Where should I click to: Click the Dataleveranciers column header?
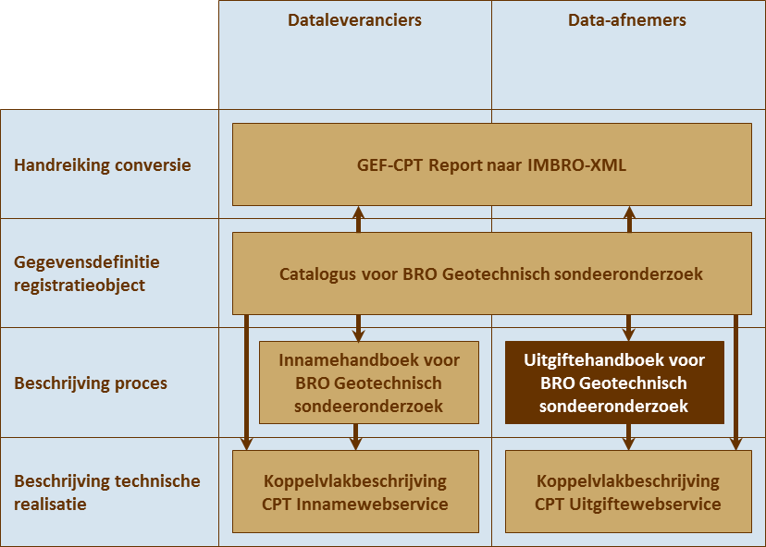354,20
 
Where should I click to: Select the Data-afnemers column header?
627,20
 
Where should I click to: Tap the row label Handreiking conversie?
103,165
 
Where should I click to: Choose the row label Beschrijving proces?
91,383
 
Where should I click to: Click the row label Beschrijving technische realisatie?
106,492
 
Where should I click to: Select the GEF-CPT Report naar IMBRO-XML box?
491,165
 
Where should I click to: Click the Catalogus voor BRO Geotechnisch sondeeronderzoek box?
491,274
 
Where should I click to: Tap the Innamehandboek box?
369,383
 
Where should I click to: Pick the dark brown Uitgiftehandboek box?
613,383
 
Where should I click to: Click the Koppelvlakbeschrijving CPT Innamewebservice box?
355,492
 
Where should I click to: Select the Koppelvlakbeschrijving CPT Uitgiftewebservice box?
627,492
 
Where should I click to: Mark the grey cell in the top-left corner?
109,55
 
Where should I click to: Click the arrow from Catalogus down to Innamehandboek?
358,327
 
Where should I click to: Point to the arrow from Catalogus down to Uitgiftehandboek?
629,327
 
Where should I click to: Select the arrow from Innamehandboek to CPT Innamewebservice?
355,437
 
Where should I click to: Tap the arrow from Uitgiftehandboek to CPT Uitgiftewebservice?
629,437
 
